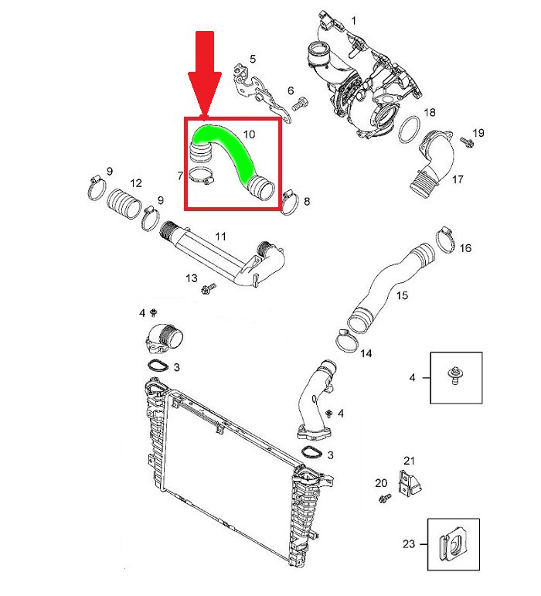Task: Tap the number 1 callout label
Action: point(355,19)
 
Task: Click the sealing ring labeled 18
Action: point(409,130)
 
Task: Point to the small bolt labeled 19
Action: point(467,141)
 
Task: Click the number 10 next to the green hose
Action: point(249,134)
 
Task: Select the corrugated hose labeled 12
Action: point(123,205)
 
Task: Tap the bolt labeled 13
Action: point(207,290)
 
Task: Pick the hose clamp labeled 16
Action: point(447,240)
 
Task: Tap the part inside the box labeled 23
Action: point(451,546)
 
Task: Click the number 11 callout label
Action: point(220,237)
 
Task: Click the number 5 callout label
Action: point(252,60)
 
